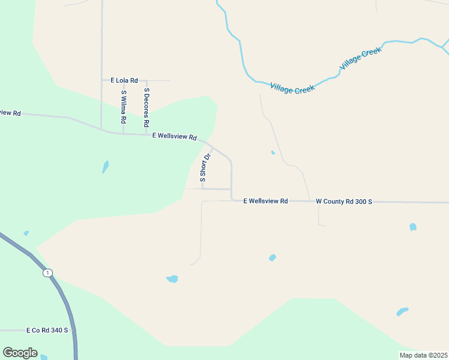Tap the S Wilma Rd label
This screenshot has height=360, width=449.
tap(124, 107)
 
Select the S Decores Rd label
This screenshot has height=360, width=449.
tap(146, 107)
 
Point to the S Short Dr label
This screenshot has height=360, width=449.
tap(205, 168)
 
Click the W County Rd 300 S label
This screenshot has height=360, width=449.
tap(344, 202)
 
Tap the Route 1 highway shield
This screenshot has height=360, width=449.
tap(47, 273)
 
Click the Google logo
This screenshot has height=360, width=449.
tap(20, 353)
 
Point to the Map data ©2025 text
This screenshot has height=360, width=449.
tap(423, 355)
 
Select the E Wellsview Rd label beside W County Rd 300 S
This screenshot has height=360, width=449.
tap(265, 201)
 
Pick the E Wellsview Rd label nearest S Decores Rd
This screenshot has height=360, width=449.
tap(174, 136)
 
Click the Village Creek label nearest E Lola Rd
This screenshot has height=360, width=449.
tap(292, 88)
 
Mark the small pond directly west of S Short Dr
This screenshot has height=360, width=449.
tap(106, 166)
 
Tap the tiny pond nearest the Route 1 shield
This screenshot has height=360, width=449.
tap(26, 233)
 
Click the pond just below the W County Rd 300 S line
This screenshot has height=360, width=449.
tap(412, 227)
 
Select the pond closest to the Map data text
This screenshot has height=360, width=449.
tap(402, 311)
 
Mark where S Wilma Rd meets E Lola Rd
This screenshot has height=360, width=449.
tap(124, 80)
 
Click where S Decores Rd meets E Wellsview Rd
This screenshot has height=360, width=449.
tap(146, 134)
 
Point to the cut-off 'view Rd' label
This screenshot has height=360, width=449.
tap(10, 113)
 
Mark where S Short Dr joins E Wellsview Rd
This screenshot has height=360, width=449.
tap(212, 148)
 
